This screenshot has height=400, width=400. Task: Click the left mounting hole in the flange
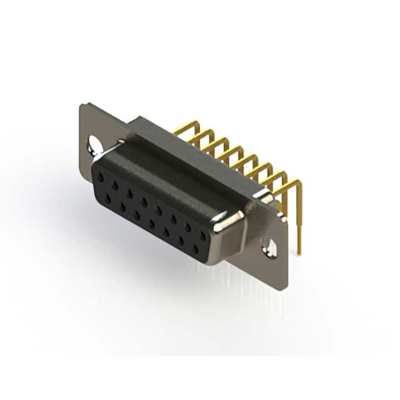point(95,146)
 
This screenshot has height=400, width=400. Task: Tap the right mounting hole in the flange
point(270,248)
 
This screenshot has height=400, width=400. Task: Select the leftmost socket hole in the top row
point(100,177)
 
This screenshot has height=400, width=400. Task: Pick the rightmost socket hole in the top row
point(202,236)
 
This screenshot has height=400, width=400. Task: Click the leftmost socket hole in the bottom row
point(108,198)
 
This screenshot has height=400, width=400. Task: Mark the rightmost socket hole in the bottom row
point(196,249)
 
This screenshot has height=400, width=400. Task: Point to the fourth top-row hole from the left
point(144,202)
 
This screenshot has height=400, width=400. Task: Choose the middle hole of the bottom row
point(152,223)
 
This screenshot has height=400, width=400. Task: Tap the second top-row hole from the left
point(114,186)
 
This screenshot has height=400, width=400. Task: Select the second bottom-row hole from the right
point(181,241)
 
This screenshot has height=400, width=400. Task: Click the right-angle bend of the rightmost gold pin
point(297,183)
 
